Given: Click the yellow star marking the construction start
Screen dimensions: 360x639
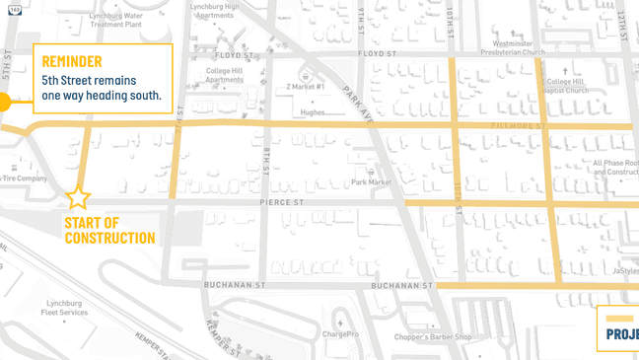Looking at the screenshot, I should [78, 197].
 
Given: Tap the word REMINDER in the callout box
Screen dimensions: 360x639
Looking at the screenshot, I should [72, 61].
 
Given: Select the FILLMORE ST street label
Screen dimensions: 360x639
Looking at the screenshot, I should [518, 127].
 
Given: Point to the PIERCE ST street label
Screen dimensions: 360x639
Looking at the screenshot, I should [281, 202].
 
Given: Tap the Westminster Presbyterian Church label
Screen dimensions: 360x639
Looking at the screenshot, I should [513, 48].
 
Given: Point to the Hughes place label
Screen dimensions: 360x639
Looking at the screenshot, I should [313, 112].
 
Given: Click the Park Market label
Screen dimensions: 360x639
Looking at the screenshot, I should [372, 181].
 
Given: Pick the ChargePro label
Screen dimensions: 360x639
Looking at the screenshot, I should [339, 334].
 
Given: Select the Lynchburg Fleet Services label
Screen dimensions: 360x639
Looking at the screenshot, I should [64, 308].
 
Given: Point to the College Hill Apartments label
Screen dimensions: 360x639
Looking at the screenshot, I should [224, 75].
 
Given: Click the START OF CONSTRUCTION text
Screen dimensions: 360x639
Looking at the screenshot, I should [109, 230].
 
